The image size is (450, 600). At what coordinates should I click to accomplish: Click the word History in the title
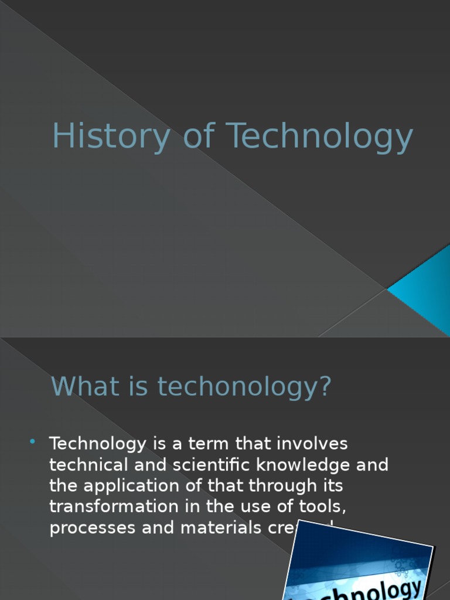coord(110,137)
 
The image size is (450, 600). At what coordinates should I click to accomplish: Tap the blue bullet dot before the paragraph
coord(33,441)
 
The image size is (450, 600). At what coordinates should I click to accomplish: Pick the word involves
coord(308,444)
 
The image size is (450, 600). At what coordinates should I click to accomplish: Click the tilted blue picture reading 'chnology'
coord(359,565)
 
